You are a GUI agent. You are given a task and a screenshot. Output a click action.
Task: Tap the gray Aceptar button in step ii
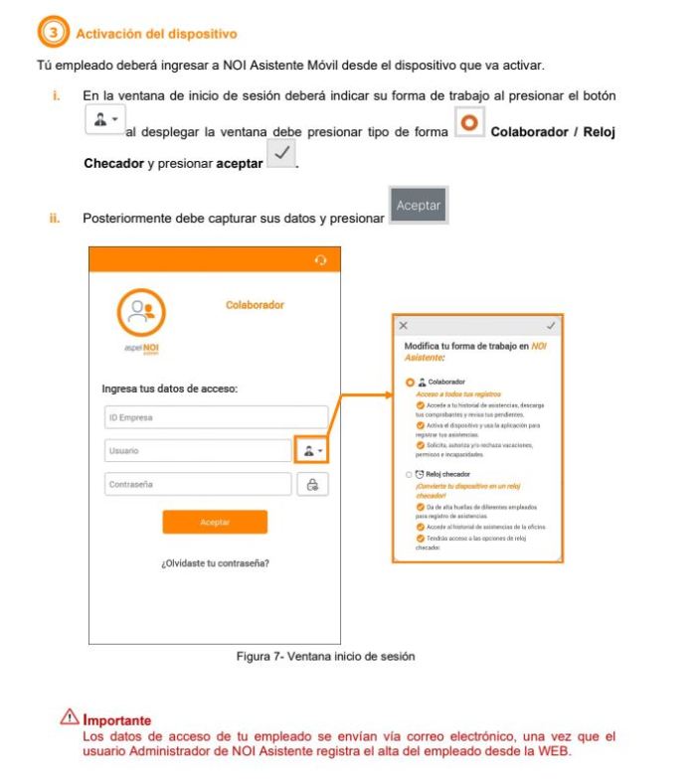point(419,206)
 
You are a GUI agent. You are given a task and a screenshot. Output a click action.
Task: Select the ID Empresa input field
point(215,417)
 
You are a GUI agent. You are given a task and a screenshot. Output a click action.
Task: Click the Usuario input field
point(197,450)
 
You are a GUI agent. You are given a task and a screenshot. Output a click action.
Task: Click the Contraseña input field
point(197,484)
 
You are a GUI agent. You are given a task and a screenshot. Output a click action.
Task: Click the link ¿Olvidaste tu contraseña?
point(215,563)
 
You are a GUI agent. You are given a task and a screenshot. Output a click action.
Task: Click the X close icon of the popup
point(403,325)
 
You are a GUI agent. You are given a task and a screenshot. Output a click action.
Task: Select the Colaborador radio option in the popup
point(409,382)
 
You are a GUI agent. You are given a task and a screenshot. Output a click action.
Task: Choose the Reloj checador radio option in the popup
point(409,475)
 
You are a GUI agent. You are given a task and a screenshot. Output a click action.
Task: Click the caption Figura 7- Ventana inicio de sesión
point(333,656)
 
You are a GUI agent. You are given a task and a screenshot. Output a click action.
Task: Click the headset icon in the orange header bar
point(320,260)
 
